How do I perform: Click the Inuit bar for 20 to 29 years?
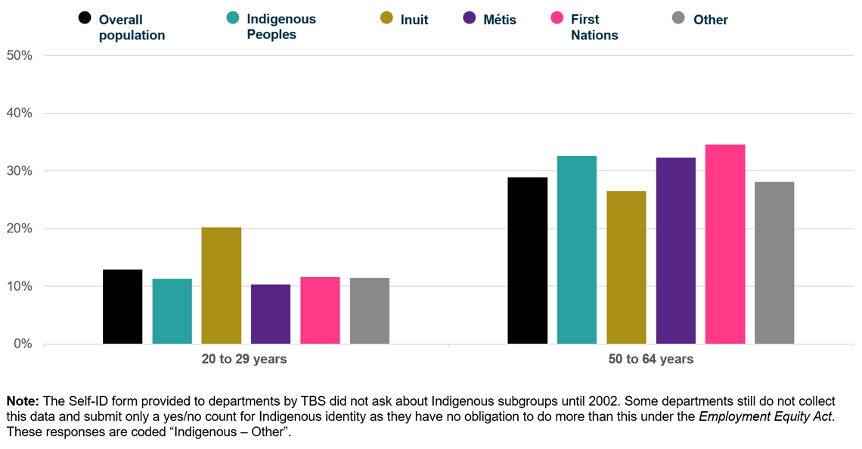(x=221, y=285)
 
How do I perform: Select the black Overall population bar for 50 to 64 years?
(x=527, y=260)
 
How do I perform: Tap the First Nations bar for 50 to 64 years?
(x=724, y=244)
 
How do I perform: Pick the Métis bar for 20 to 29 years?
(x=270, y=313)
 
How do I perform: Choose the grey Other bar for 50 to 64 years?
(x=774, y=263)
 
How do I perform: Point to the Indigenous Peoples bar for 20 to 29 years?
(x=172, y=311)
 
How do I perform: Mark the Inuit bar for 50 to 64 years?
(x=626, y=267)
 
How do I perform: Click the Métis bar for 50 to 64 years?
(x=675, y=251)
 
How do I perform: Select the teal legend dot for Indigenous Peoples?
(x=233, y=18)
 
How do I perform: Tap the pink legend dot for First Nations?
(x=557, y=18)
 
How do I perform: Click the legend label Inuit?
(x=414, y=20)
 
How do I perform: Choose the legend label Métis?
(x=500, y=20)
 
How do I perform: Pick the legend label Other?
(x=710, y=20)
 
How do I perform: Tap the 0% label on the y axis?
(x=23, y=344)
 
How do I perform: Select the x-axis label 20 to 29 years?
(x=244, y=359)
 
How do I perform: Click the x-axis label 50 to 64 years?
(x=650, y=359)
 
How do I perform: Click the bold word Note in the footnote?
(x=23, y=401)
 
